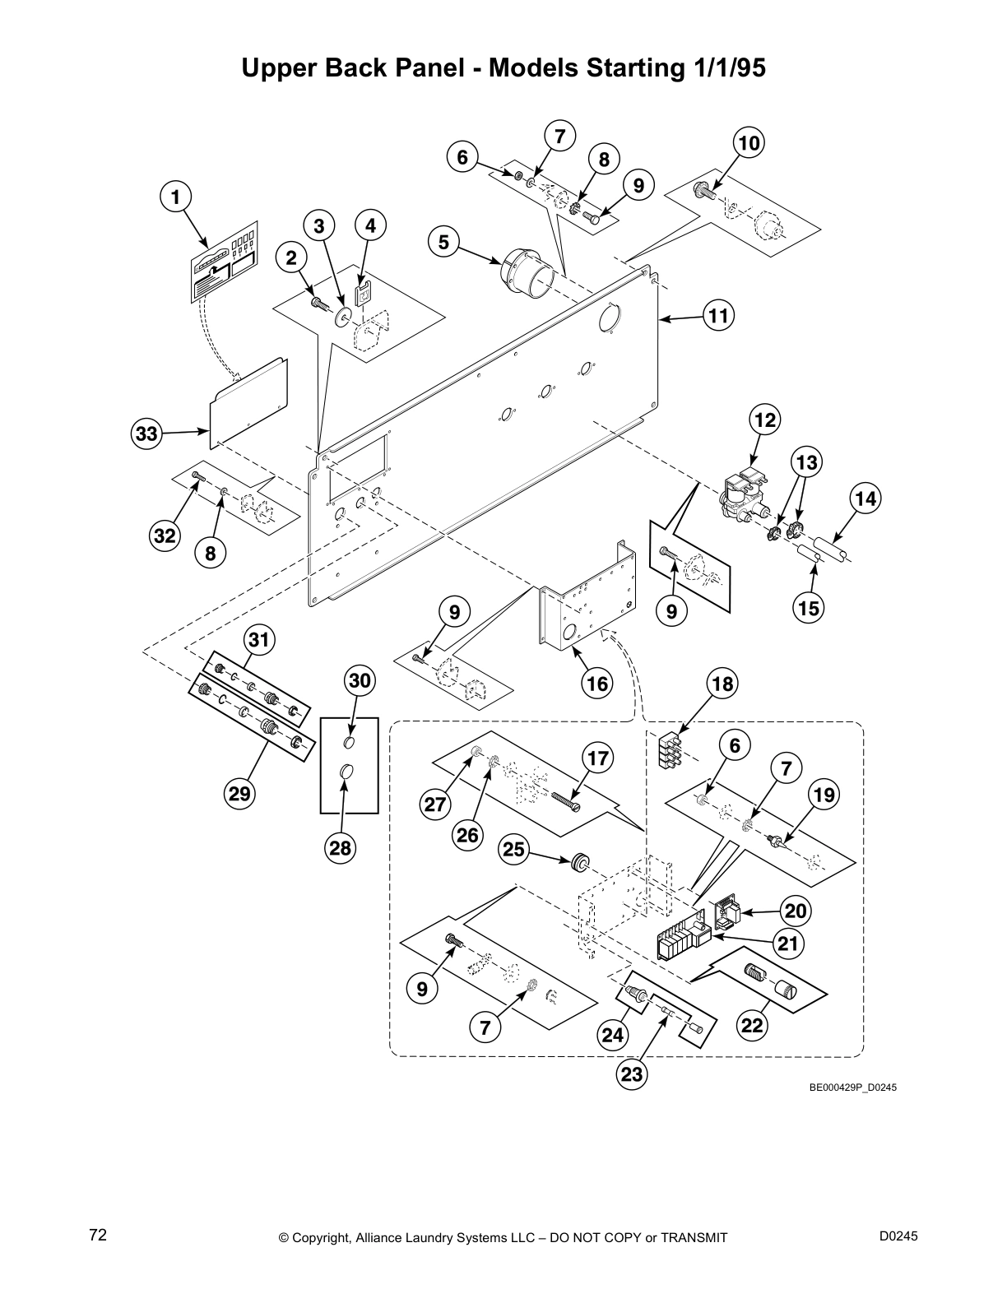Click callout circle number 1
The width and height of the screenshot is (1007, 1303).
(x=174, y=197)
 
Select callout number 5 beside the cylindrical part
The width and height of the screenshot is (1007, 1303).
(x=443, y=242)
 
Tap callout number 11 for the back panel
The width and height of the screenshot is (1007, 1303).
(x=719, y=316)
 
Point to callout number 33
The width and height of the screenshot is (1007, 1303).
(x=146, y=433)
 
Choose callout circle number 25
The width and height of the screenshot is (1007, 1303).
(x=514, y=849)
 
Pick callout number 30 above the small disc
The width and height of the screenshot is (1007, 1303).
(x=360, y=680)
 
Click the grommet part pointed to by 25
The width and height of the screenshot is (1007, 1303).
(x=581, y=861)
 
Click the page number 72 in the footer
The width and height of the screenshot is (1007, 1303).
(x=98, y=1236)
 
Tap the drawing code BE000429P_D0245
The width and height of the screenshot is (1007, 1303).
(x=852, y=1087)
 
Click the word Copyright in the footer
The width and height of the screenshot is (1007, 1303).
(x=324, y=1238)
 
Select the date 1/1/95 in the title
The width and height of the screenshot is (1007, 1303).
(x=725, y=69)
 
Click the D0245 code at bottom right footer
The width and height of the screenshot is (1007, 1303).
(x=898, y=1236)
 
